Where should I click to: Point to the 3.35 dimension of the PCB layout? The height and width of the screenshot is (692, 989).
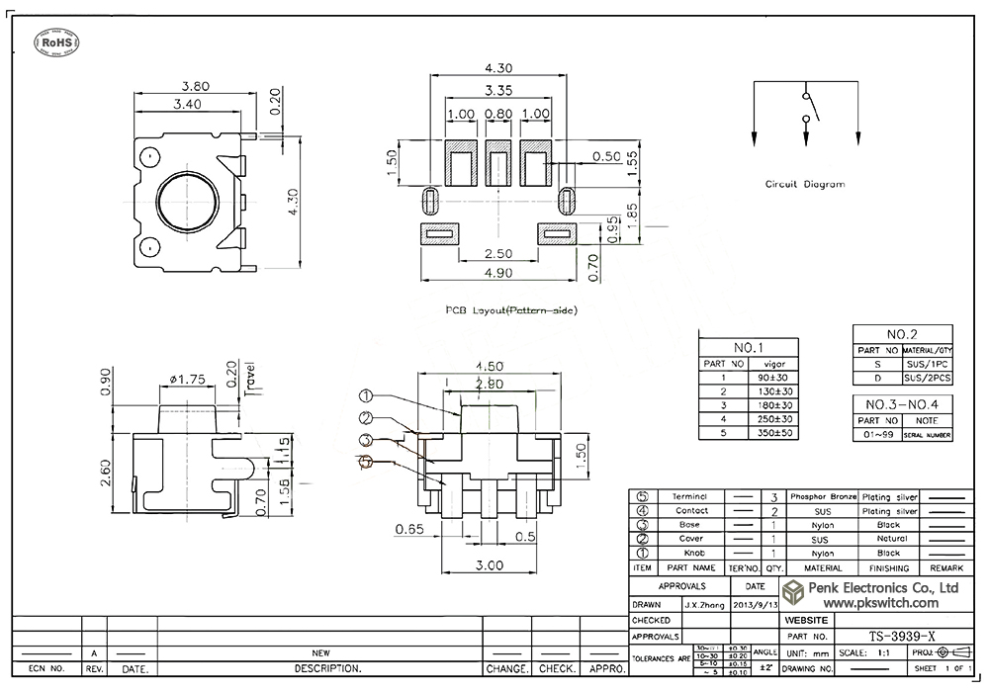click(499, 91)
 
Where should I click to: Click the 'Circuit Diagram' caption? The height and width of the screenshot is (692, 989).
click(805, 184)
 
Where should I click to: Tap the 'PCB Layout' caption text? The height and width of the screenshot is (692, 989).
click(512, 310)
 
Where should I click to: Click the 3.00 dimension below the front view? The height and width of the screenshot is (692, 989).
click(491, 564)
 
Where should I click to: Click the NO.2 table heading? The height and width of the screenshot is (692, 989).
click(901, 334)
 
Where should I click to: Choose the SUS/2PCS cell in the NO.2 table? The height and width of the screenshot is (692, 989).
click(928, 378)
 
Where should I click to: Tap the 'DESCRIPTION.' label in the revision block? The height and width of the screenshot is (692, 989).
click(320, 669)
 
